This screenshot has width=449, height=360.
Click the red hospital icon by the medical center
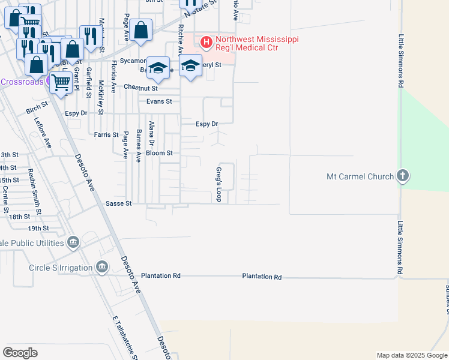coord(206,42)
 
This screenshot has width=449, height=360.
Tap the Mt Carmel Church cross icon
coord(403,176)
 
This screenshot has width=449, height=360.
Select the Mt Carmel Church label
coord(360,176)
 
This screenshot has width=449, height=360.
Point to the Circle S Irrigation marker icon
coord(101,266)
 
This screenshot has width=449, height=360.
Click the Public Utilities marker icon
coord(73,242)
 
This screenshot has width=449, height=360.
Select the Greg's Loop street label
coord(218,184)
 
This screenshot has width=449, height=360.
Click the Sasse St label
coord(119,204)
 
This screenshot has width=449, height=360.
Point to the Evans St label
coord(160,101)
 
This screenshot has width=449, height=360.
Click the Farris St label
coord(106,135)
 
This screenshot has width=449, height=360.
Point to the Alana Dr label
coord(151,133)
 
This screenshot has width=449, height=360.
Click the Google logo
coord(20,353)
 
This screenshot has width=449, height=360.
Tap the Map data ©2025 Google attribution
coord(412,355)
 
